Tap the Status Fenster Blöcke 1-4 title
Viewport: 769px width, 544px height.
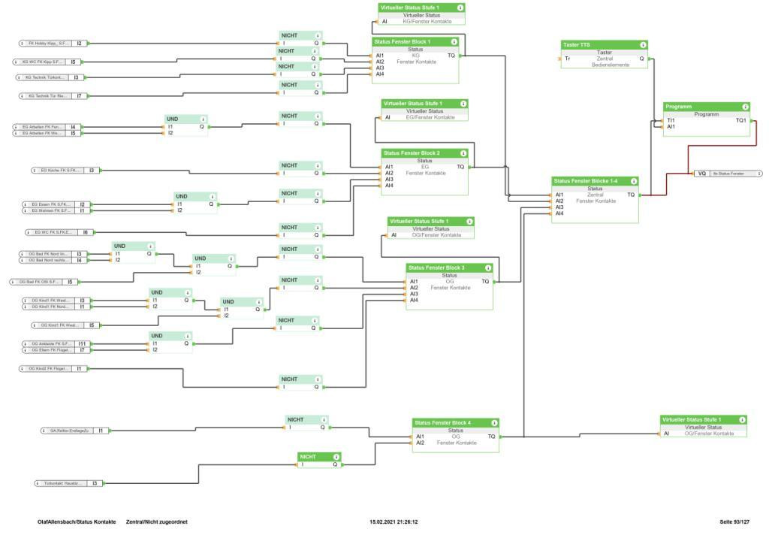pyautogui.click(x=585, y=181)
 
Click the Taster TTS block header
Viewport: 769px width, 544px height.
pyautogui.click(x=577, y=45)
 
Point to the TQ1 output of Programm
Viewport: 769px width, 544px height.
pyautogui.click(x=741, y=120)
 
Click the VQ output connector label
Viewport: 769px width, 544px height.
pyautogui.click(x=701, y=174)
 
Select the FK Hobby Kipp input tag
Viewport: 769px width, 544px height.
pyautogui.click(x=47, y=44)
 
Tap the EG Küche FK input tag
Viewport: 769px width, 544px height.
pyautogui.click(x=59, y=171)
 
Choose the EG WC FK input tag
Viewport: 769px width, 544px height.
pyautogui.click(x=53, y=233)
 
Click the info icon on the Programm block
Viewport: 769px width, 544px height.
pyautogui.click(x=746, y=107)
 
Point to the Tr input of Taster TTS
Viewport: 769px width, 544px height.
pyautogui.click(x=568, y=58)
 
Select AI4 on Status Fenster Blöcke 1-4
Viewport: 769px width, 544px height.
pyautogui.click(x=559, y=213)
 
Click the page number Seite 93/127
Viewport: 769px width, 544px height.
pyautogui.click(x=734, y=521)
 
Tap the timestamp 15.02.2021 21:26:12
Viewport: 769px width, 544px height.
pyautogui.click(x=394, y=521)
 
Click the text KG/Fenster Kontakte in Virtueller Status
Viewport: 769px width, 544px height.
pyautogui.click(x=432, y=21)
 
